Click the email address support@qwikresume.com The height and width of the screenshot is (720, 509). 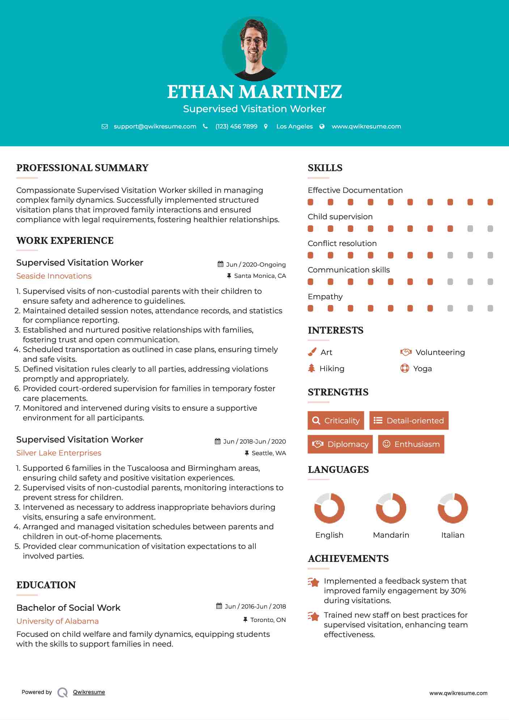(155, 126)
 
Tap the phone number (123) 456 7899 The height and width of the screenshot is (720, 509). (236, 126)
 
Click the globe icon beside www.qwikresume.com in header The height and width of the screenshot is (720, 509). (322, 126)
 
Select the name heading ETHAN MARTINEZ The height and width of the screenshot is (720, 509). (254, 92)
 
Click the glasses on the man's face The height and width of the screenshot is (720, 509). (253, 40)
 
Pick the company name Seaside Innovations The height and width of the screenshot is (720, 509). (54, 276)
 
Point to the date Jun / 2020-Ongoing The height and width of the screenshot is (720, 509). (256, 264)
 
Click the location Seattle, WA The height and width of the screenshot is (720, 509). (268, 453)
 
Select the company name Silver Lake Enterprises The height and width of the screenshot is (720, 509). (59, 453)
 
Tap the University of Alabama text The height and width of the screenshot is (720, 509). (58, 621)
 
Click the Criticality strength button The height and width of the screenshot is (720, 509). (336, 420)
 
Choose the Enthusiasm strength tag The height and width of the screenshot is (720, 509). (411, 444)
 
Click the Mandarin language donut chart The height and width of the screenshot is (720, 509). (391, 508)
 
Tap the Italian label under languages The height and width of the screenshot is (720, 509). (453, 535)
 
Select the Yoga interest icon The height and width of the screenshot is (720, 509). (405, 368)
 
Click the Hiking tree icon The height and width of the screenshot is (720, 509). (311, 368)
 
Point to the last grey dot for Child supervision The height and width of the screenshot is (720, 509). (490, 229)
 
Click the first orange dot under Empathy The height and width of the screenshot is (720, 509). (310, 308)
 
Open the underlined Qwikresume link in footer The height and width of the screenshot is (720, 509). (89, 692)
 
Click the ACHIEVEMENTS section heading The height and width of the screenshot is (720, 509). (348, 559)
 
